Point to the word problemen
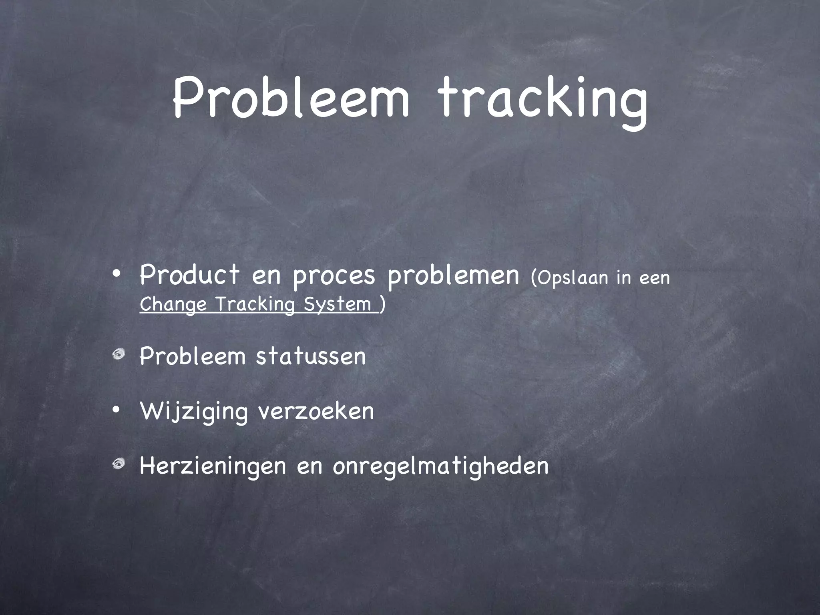click(453, 276)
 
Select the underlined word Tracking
click(255, 304)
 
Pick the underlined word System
click(338, 304)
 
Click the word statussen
click(311, 356)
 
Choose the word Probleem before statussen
click(193, 356)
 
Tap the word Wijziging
click(194, 412)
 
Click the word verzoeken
click(316, 411)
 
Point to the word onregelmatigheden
click(440, 466)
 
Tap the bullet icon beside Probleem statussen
click(118, 354)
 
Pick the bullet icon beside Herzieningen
click(118, 464)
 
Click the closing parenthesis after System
click(383, 304)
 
